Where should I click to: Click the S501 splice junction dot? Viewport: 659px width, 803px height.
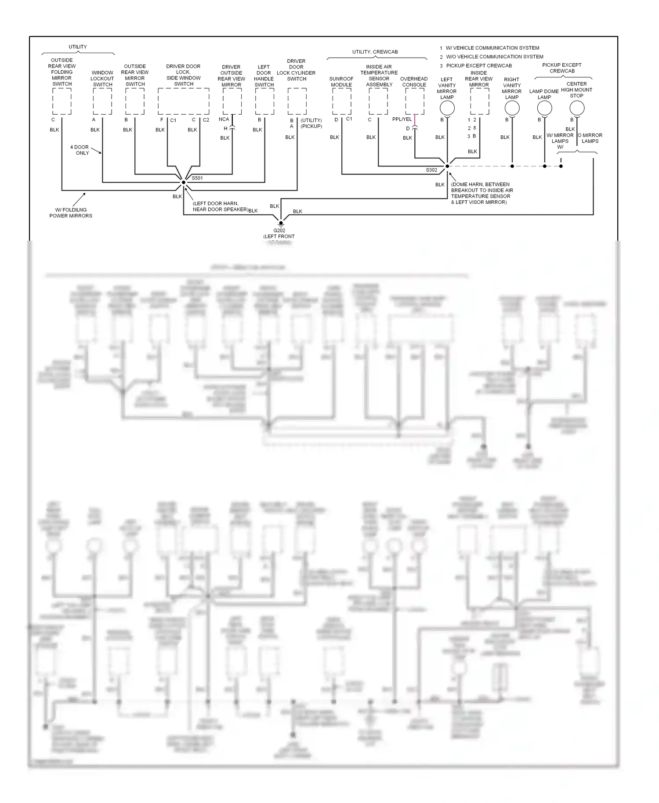(184, 182)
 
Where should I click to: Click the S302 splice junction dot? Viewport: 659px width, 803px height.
(447, 166)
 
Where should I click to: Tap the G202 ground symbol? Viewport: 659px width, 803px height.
(281, 223)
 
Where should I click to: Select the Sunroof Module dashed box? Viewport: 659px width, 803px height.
(341, 101)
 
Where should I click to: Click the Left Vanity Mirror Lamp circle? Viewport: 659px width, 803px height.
(447, 108)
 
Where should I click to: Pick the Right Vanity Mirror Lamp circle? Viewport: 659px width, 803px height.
(512, 108)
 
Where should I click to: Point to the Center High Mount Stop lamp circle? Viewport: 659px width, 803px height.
(577, 108)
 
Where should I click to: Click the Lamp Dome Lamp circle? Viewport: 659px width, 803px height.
(544, 108)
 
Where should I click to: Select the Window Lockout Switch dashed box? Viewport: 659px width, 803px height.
(102, 101)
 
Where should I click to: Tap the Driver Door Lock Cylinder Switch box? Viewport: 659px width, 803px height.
(297, 101)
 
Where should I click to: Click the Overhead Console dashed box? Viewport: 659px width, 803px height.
(415, 101)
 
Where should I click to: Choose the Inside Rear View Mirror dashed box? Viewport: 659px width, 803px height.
(479, 101)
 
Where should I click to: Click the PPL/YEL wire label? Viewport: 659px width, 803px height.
(402, 119)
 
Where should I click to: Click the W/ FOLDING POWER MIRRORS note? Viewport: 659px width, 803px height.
(71, 213)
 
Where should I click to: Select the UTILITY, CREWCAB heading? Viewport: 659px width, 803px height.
(375, 52)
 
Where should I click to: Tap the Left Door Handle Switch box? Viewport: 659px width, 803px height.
(264, 101)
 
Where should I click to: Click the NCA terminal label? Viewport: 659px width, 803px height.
(224, 119)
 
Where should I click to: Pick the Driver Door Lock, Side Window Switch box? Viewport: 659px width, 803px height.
(184, 101)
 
